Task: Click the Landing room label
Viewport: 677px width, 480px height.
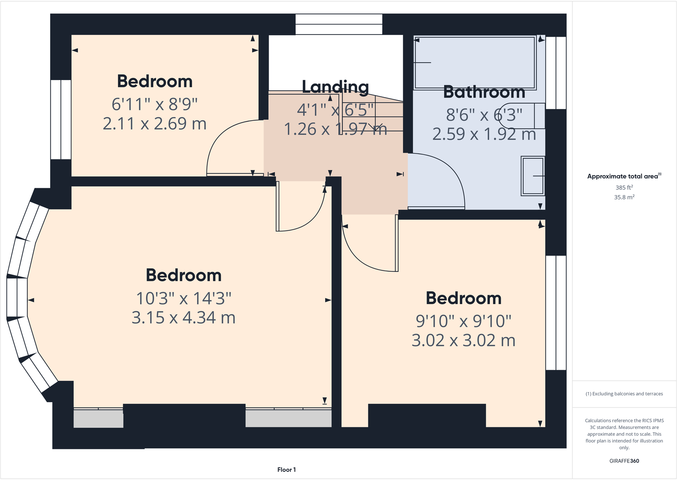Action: click(335, 87)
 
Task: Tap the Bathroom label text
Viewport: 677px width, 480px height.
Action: click(484, 92)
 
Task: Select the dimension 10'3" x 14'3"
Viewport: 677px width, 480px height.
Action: click(184, 298)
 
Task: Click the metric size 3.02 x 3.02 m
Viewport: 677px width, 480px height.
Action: click(463, 340)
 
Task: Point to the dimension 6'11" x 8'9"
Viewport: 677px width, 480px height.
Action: click(155, 103)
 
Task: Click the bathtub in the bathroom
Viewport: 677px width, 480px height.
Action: click(474, 63)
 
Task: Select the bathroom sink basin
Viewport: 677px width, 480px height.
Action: click(533, 176)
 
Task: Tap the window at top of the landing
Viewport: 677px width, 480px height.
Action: click(339, 24)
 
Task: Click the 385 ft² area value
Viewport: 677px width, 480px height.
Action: click(624, 187)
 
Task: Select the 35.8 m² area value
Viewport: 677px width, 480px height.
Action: click(624, 197)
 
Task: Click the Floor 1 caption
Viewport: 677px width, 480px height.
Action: click(286, 469)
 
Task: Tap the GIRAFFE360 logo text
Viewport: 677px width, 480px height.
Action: click(624, 461)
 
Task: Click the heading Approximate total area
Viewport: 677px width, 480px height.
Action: click(622, 176)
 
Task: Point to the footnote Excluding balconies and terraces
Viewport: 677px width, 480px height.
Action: click(624, 394)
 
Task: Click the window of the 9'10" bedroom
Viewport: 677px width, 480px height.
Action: click(556, 313)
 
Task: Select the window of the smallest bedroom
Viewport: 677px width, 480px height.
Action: click(61, 120)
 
